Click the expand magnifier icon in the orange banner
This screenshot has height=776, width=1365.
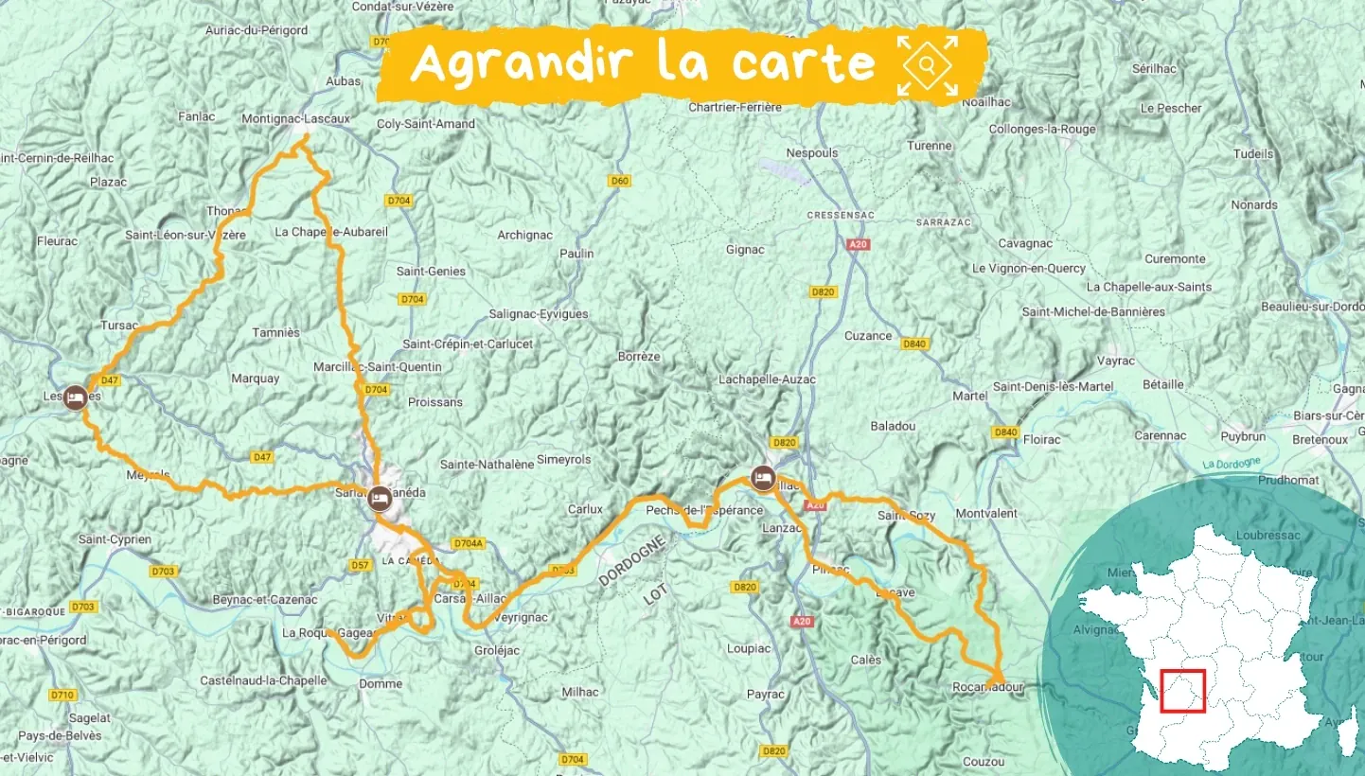(x=927, y=65)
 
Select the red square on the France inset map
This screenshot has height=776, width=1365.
(x=1182, y=692)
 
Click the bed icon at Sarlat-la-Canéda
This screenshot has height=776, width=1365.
(x=380, y=495)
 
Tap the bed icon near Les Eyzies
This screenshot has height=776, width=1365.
(x=74, y=397)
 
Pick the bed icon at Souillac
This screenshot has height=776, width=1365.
(x=762, y=477)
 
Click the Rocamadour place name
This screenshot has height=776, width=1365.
(x=989, y=688)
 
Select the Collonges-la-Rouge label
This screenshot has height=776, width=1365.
(x=1041, y=129)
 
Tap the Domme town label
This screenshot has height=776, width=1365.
(x=381, y=683)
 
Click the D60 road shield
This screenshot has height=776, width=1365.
(x=620, y=181)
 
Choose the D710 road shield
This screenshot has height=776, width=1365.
(x=62, y=695)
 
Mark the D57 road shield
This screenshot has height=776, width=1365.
(x=360, y=565)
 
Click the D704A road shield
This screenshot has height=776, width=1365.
(x=468, y=543)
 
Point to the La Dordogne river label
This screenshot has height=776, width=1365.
(x=1232, y=463)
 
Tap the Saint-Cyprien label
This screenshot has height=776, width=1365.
(x=115, y=539)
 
